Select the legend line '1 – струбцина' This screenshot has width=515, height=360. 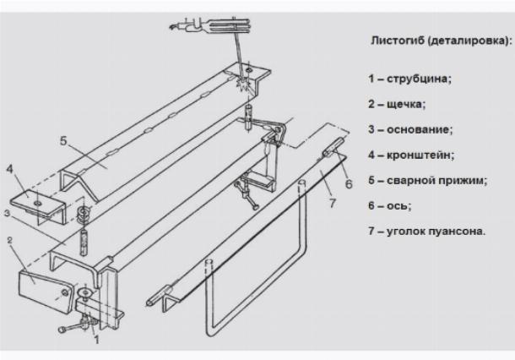pyautogui.click(x=409, y=79)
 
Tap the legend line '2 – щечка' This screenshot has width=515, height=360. pyautogui.click(x=396, y=105)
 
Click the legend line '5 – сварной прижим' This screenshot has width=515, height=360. pyautogui.click(x=427, y=179)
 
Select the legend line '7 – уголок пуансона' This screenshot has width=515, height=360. pyautogui.click(x=426, y=229)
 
